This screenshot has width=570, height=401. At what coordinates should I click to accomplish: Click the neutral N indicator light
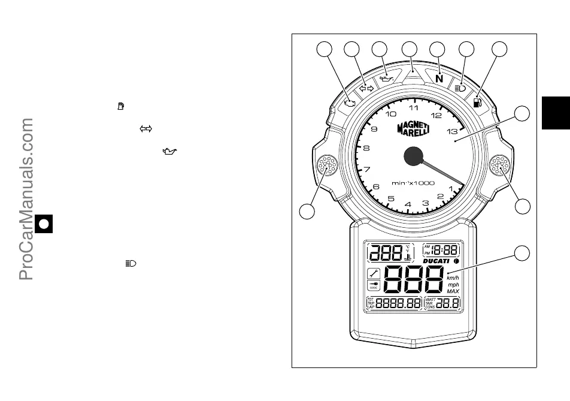click(x=439, y=79)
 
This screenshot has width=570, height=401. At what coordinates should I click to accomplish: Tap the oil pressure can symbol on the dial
click(x=387, y=77)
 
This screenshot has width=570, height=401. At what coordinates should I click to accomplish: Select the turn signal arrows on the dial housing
click(x=366, y=88)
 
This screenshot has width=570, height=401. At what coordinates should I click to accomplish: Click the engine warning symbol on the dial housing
click(x=350, y=102)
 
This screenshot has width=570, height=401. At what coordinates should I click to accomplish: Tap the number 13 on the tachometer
click(x=453, y=131)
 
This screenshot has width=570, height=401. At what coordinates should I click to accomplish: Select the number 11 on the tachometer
click(x=414, y=108)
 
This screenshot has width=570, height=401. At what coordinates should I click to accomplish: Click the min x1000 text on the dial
click(x=413, y=183)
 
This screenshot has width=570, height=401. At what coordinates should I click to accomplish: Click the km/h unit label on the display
click(x=453, y=278)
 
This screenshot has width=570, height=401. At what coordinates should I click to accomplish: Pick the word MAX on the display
click(x=453, y=291)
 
